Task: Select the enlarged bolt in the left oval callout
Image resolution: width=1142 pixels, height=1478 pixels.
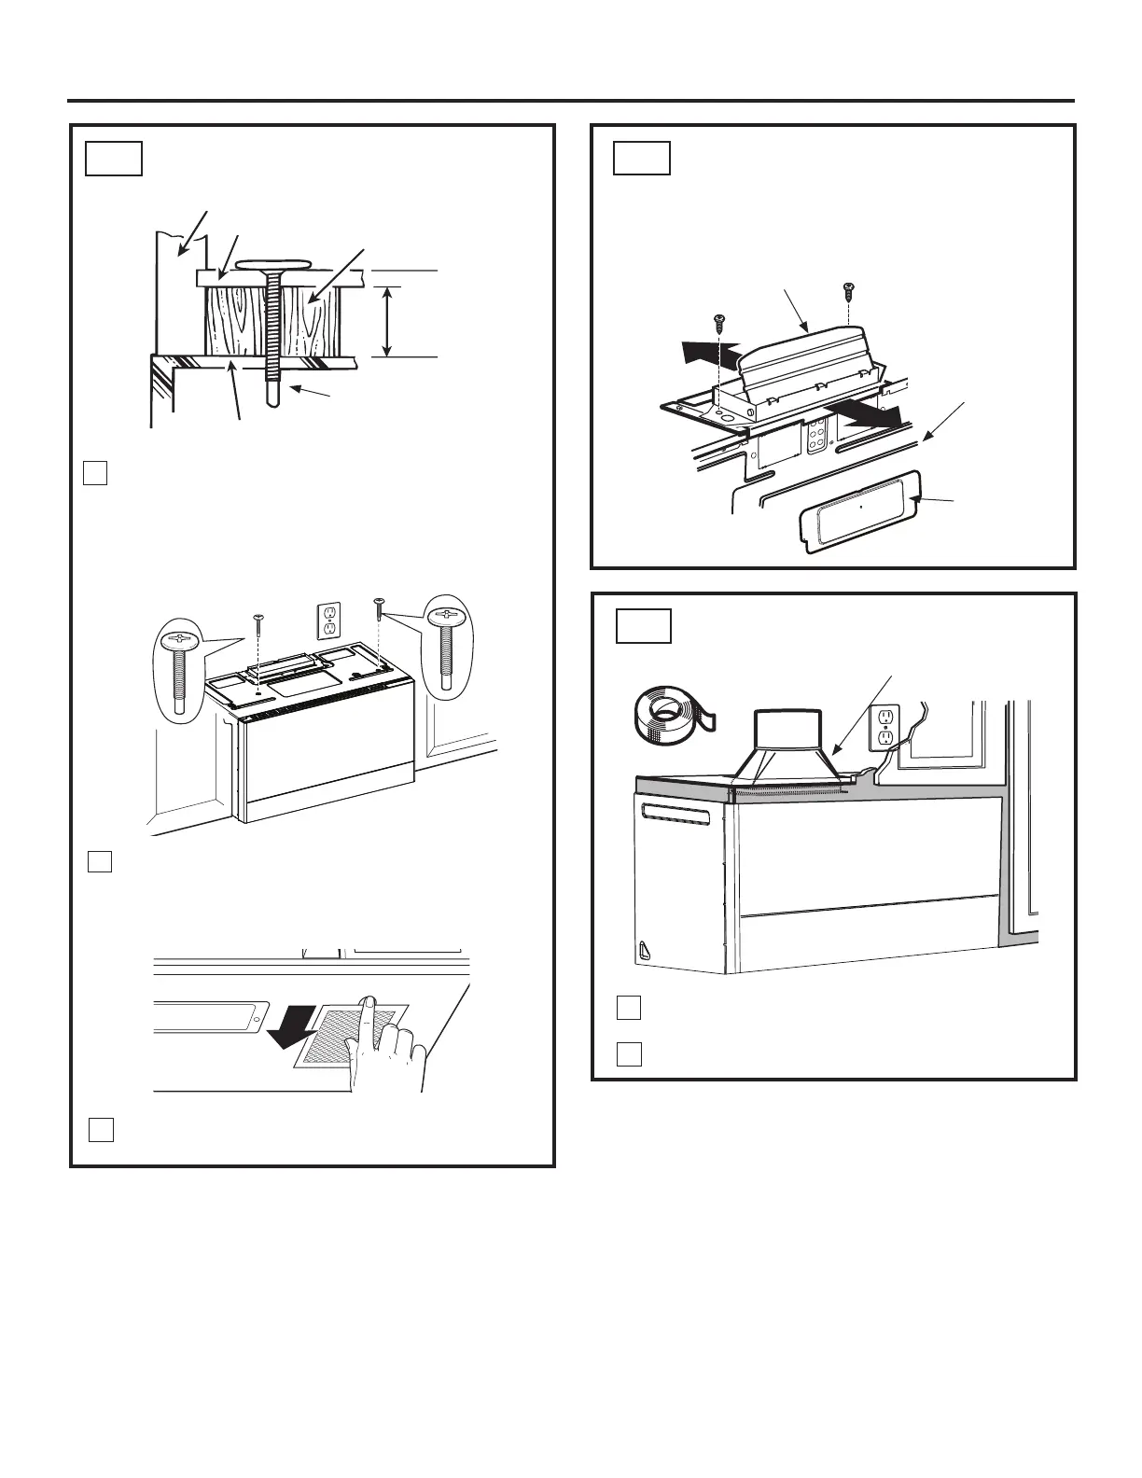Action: (x=178, y=672)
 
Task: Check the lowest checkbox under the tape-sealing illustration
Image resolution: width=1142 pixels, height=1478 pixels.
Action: (x=629, y=1053)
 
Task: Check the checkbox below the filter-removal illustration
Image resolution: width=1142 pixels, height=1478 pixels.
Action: (x=101, y=1129)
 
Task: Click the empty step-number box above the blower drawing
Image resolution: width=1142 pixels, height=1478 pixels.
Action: (x=642, y=159)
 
